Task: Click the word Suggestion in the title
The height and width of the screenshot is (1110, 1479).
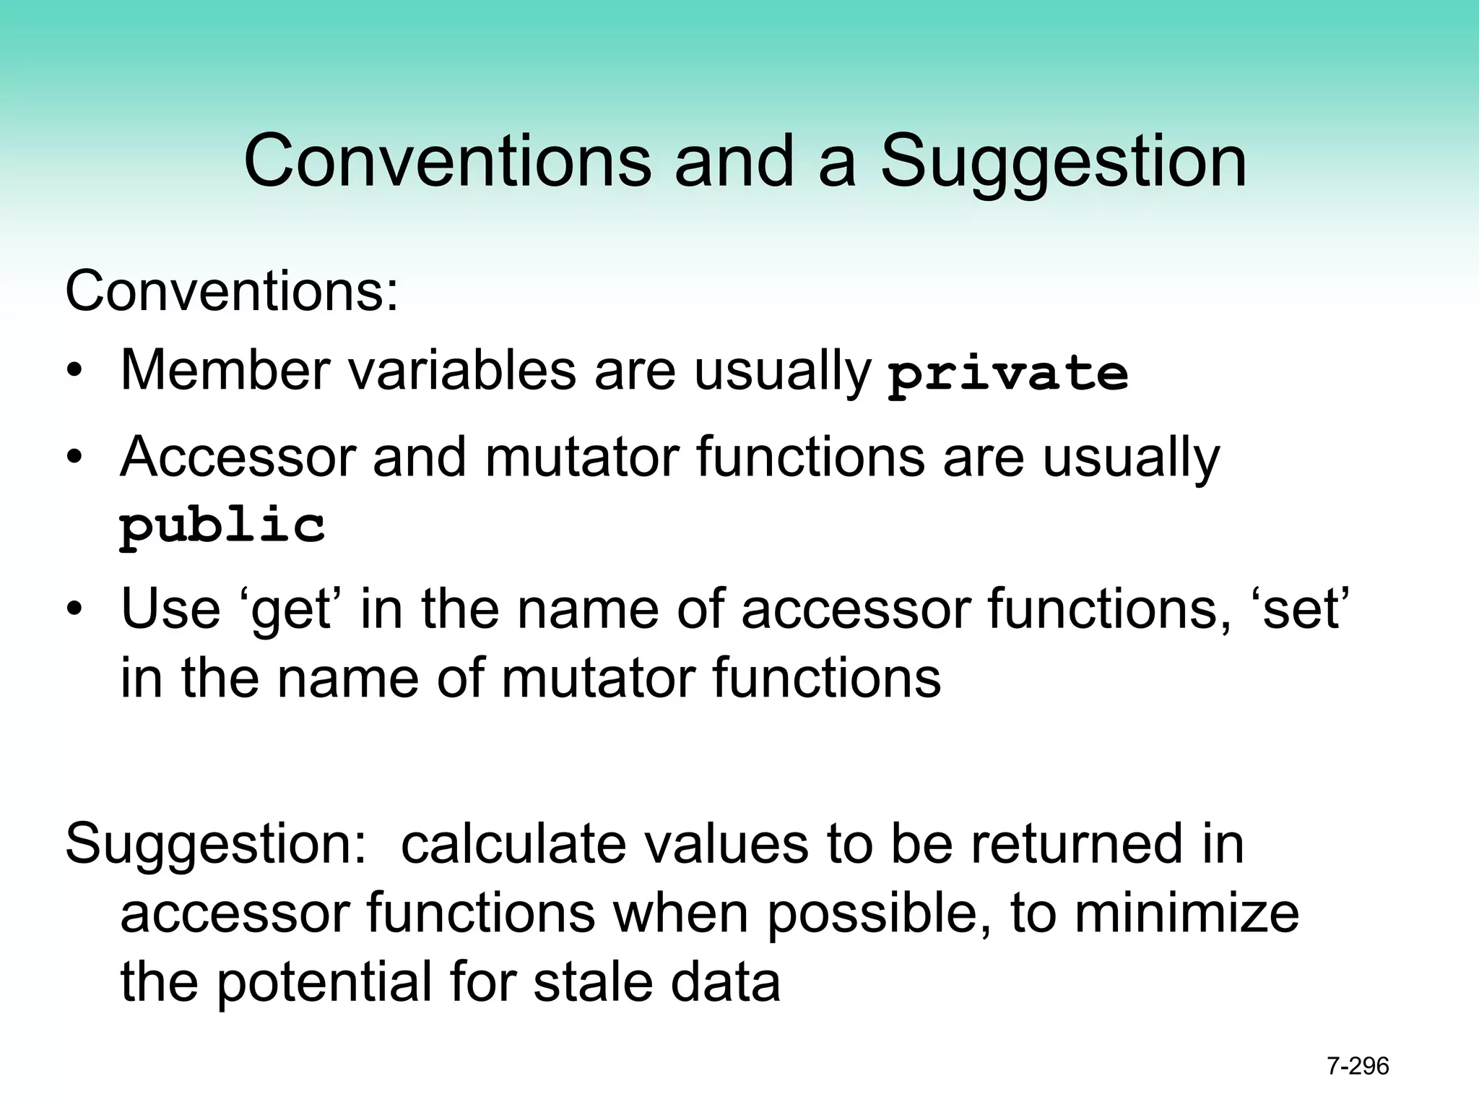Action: tap(1063, 163)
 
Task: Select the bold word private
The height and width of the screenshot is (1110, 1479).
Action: tap(1007, 374)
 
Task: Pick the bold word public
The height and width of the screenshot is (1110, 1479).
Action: tap(222, 526)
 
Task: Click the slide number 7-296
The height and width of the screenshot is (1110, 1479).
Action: tap(1358, 1066)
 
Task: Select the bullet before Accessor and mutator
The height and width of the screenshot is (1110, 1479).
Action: tap(74, 459)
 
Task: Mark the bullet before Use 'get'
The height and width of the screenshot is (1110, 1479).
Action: tap(74, 611)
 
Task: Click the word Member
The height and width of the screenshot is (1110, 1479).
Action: tap(225, 371)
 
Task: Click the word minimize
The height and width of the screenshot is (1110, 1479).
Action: tap(1187, 913)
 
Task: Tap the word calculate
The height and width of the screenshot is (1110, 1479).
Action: tap(513, 844)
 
